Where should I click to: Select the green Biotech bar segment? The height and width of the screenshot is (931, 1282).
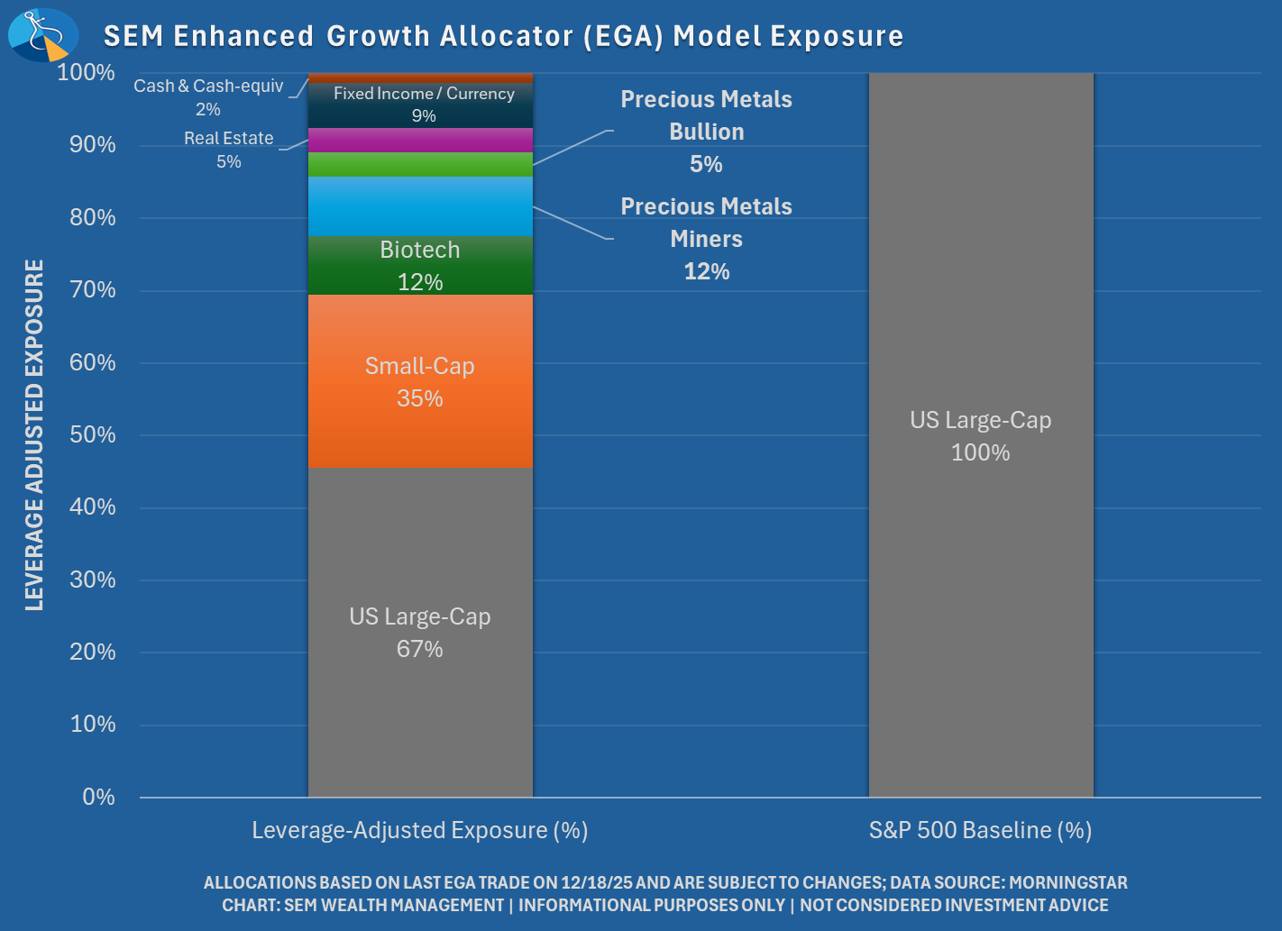420,265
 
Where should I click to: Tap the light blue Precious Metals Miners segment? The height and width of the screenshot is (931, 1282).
420,206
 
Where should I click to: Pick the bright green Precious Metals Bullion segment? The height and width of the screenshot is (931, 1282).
420,165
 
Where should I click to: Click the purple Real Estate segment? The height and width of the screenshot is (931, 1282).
420,141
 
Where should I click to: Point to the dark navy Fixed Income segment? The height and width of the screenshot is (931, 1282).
420,105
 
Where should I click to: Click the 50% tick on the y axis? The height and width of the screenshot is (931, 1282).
93,434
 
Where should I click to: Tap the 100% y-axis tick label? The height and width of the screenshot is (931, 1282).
87,72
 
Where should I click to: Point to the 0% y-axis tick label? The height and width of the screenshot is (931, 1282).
98,797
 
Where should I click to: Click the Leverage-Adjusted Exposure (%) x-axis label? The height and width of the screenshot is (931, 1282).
420,830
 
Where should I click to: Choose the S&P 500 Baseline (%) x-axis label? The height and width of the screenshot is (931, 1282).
981,830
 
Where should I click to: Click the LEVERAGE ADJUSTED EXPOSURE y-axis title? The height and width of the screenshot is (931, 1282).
34,434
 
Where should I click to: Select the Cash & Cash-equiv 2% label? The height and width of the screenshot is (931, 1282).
208,97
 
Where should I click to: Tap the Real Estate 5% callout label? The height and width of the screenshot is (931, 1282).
229,150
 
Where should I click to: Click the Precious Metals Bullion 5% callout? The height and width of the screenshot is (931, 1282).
706,132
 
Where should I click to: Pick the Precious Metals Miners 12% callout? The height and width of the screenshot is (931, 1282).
706,239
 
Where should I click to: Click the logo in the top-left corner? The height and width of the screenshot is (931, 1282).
42,34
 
